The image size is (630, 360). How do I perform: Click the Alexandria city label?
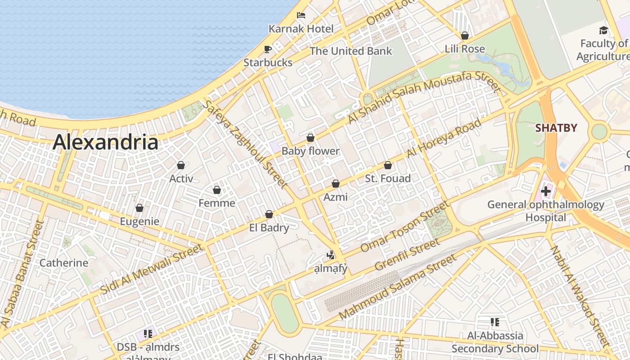[105, 143]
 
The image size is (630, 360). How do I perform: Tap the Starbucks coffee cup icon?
[268, 49]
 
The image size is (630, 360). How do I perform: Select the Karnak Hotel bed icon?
[301, 15]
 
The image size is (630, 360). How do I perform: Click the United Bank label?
[351, 51]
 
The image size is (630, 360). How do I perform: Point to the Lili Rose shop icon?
[465, 36]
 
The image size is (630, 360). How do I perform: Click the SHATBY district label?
[556, 128]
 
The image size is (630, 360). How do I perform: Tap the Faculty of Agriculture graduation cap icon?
[603, 30]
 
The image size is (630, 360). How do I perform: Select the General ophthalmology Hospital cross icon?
[545, 191]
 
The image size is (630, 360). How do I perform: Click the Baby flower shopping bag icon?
[310, 138]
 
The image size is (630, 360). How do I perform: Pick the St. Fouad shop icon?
[387, 165]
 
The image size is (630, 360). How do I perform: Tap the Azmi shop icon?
[335, 184]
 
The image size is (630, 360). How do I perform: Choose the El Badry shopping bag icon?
[269, 214]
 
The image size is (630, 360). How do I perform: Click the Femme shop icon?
[216, 190]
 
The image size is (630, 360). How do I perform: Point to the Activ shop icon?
[181, 165]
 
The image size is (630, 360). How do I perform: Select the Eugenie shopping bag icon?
[139, 208]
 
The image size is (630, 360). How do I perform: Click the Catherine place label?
[64, 263]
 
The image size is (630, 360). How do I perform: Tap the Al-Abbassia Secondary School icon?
[495, 322]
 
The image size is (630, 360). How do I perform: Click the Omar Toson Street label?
[405, 227]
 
